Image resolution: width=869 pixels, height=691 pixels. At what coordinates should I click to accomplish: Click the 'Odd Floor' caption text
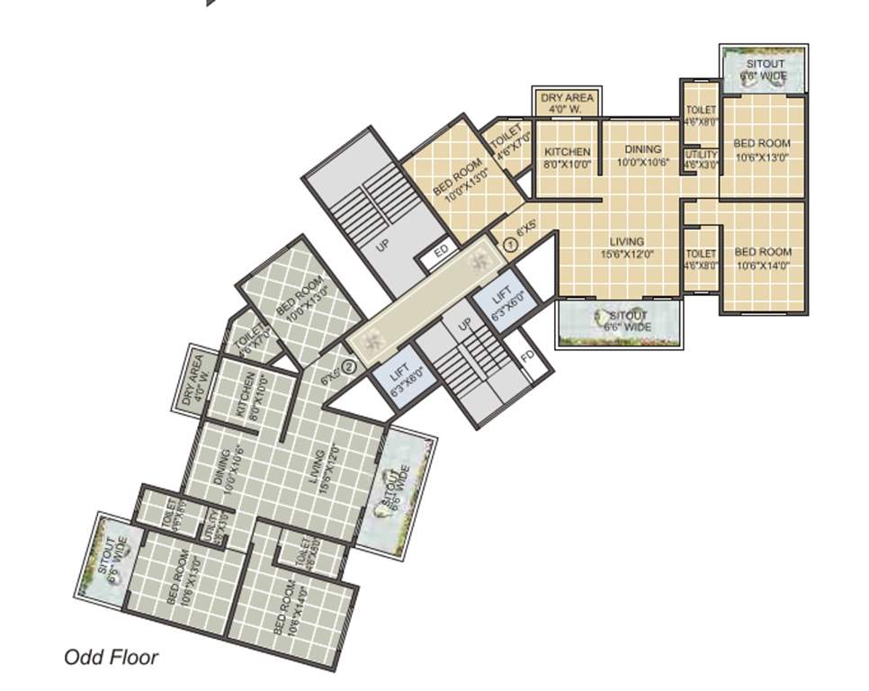[x=111, y=658]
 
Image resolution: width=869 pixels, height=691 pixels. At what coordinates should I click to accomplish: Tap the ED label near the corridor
[x=441, y=252]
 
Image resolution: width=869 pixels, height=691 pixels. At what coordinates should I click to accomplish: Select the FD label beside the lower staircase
[x=528, y=354]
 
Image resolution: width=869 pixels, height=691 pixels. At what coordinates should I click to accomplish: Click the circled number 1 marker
[x=507, y=243]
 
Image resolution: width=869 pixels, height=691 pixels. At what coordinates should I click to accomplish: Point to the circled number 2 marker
[x=350, y=364]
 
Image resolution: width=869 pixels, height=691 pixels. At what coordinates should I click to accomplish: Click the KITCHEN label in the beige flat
[x=568, y=158]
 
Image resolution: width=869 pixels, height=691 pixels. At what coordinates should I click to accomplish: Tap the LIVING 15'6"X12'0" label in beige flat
[x=627, y=247]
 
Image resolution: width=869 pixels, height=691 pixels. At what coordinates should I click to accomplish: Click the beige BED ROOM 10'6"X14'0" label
[x=763, y=258]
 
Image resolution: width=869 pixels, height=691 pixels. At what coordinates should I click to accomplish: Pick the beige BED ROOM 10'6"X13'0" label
[x=762, y=149]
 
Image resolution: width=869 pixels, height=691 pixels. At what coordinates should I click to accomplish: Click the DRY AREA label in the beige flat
[x=568, y=103]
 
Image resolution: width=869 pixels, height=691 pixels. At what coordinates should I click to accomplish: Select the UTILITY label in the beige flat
[x=701, y=160]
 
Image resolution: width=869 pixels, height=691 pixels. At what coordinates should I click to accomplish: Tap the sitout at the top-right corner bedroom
[x=763, y=70]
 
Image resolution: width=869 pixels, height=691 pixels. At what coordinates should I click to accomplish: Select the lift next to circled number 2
[x=401, y=379]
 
